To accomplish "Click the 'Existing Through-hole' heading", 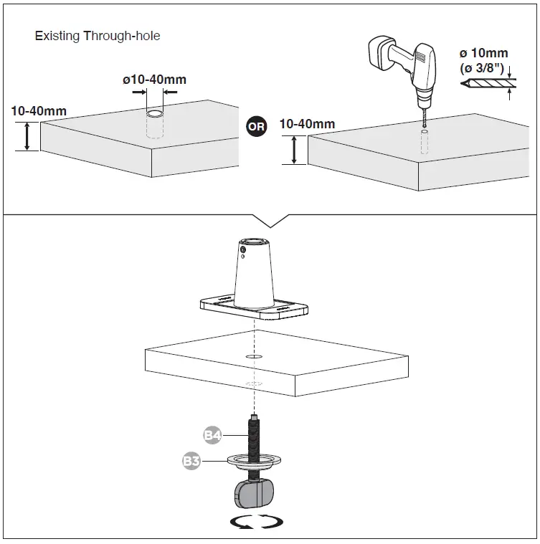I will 98,36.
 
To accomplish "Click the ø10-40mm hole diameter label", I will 154,79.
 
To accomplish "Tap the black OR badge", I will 256,126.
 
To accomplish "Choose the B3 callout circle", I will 191,461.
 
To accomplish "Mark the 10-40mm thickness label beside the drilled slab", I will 306,124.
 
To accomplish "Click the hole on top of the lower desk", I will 253,356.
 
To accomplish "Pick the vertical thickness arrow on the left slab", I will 27,135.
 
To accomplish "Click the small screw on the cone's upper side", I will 245,252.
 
